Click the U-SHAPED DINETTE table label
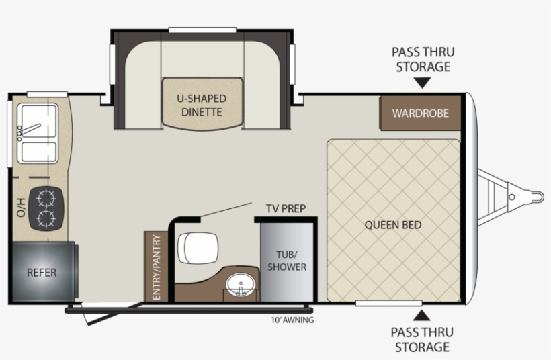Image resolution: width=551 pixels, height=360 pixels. pyautogui.click(x=202, y=105)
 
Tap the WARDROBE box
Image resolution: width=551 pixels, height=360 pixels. pyautogui.click(x=420, y=113)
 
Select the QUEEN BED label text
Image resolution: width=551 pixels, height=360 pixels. pyautogui.click(x=393, y=224)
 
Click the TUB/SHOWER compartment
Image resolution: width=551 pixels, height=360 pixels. pyautogui.click(x=287, y=261)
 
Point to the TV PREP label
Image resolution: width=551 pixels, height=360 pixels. pyautogui.click(x=285, y=208)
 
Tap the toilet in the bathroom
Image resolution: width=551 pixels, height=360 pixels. pyautogui.click(x=198, y=248)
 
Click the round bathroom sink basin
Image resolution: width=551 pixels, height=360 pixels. pyautogui.click(x=239, y=286)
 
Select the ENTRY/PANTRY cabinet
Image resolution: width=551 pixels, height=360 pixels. pyautogui.click(x=156, y=267)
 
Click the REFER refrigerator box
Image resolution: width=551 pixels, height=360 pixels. pyautogui.click(x=42, y=273)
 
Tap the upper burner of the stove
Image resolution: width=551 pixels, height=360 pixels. pyautogui.click(x=47, y=198)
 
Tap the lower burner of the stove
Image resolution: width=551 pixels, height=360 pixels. pyautogui.click(x=47, y=218)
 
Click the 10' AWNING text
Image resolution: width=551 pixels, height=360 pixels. pyautogui.click(x=292, y=320)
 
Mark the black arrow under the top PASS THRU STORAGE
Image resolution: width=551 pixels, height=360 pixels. pyautogui.click(x=422, y=83)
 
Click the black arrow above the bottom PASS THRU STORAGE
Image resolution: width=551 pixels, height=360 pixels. pyautogui.click(x=422, y=315)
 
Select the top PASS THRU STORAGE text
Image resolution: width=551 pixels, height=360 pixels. pyautogui.click(x=423, y=59)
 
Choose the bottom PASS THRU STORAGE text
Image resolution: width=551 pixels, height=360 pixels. pyautogui.click(x=423, y=339)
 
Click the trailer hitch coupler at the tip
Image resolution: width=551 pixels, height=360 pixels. pyautogui.click(x=536, y=196)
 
